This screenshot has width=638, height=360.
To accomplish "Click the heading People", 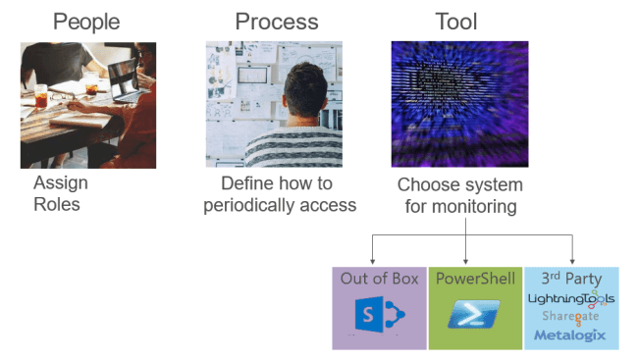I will coord(87,22).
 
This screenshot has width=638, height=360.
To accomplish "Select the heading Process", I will coord(277,22).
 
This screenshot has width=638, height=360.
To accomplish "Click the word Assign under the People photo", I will coord(61,183).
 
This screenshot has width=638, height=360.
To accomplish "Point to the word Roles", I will coord(57,204).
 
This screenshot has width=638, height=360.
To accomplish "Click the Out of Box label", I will coord(379,279).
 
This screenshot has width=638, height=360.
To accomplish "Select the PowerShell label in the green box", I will coord(474,279).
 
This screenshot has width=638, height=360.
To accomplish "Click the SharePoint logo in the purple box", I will coord(378,316).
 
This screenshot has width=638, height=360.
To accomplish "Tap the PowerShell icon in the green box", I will coord(474,316).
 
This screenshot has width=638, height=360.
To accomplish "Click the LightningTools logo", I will coord(570,298).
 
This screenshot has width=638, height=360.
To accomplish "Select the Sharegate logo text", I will coord(569,317).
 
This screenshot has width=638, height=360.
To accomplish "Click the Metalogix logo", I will coord(570,335).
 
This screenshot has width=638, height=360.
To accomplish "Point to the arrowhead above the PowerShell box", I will coord(464,260).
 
